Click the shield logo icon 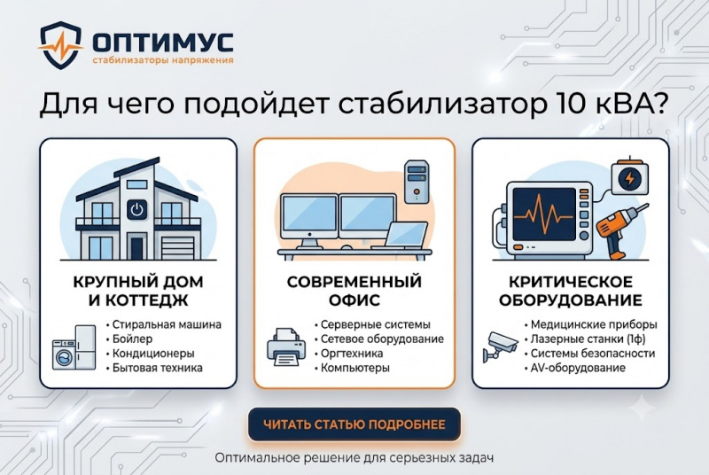(60, 45)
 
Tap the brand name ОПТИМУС (163, 43)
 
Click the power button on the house (136, 210)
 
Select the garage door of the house (178, 248)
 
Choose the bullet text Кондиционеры (153, 354)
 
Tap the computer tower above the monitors (417, 182)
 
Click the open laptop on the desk (401, 237)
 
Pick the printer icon (286, 347)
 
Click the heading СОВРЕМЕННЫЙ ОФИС (354, 291)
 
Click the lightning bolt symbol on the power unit (629, 178)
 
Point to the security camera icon (500, 347)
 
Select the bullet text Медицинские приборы (594, 324)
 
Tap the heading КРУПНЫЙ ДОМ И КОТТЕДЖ (138, 291)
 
